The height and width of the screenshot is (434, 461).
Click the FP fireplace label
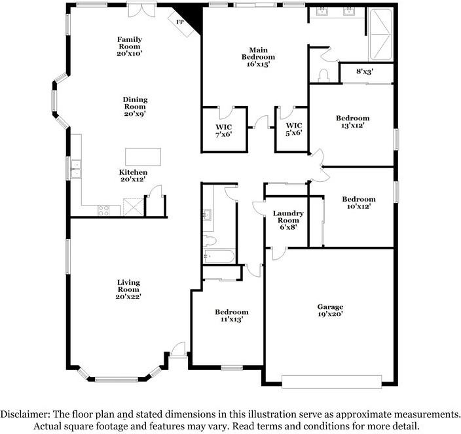pyautogui.click(x=180, y=22)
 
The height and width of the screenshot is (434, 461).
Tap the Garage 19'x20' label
pyautogui.click(x=330, y=310)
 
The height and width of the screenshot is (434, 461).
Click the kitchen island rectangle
pyautogui.click(x=143, y=157)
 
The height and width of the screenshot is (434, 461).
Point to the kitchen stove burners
pyautogui.click(x=103, y=210)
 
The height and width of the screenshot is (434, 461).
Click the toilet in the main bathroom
pyautogui.click(x=323, y=75)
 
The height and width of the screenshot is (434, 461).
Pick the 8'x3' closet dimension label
pyautogui.click(x=365, y=71)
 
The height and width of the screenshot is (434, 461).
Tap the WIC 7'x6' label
pyautogui.click(x=224, y=131)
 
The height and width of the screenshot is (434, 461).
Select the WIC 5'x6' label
pyautogui.click(x=294, y=130)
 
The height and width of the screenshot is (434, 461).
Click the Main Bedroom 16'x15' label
pyautogui.click(x=259, y=57)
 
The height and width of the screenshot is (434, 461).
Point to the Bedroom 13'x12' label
pyautogui.click(x=352, y=122)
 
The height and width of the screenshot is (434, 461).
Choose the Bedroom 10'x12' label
pyautogui.click(x=359, y=203)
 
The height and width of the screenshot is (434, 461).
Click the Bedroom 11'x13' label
pyautogui.click(x=232, y=316)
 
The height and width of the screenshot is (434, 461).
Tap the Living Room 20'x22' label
pyautogui.click(x=128, y=289)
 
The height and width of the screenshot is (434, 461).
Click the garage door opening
pyautogui.click(x=331, y=382)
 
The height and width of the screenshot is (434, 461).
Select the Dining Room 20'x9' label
pyautogui.click(x=136, y=107)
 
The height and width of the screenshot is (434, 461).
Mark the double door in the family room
pyautogui.click(x=141, y=9)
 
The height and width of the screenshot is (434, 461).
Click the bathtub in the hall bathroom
pyautogui.click(x=219, y=256)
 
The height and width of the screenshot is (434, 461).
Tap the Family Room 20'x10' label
pyautogui.click(x=130, y=46)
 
